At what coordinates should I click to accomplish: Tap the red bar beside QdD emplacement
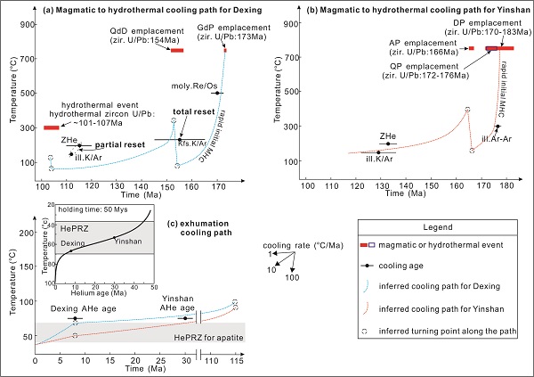[x=177, y=50]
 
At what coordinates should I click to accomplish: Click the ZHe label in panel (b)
[x=387, y=135]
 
